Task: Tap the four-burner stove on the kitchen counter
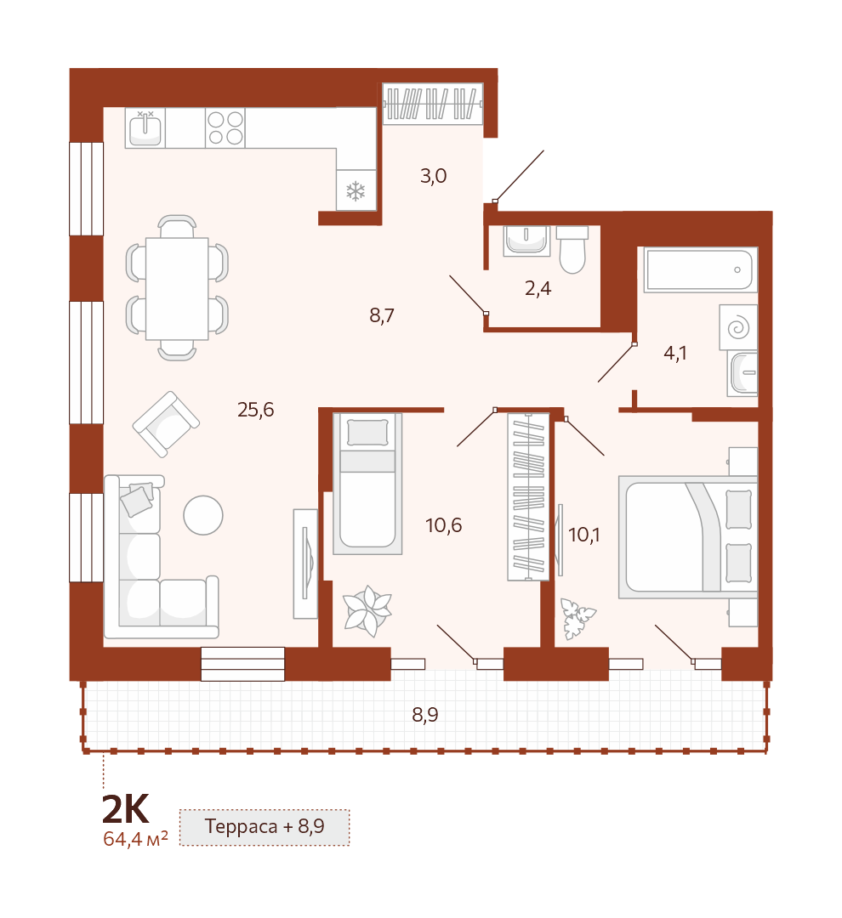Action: click(x=225, y=127)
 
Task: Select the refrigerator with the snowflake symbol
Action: click(x=356, y=190)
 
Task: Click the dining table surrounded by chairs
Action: click(x=177, y=288)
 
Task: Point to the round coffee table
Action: click(x=203, y=515)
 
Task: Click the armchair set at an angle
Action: click(x=167, y=424)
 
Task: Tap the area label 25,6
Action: click(x=255, y=410)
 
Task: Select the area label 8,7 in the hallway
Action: click(x=381, y=316)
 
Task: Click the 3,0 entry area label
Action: click(x=434, y=176)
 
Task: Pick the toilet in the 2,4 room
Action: click(x=572, y=250)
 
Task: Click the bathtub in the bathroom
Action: click(x=700, y=269)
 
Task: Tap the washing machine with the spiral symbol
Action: click(x=738, y=327)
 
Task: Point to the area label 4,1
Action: click(x=675, y=353)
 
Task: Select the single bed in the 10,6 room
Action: click(x=367, y=484)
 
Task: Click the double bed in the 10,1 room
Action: click(x=688, y=537)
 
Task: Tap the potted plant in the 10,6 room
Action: click(x=367, y=610)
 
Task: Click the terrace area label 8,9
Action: click(x=424, y=715)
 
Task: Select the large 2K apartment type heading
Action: click(x=125, y=809)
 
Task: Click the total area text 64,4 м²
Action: click(x=135, y=839)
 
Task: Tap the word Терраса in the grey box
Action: click(x=241, y=826)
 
